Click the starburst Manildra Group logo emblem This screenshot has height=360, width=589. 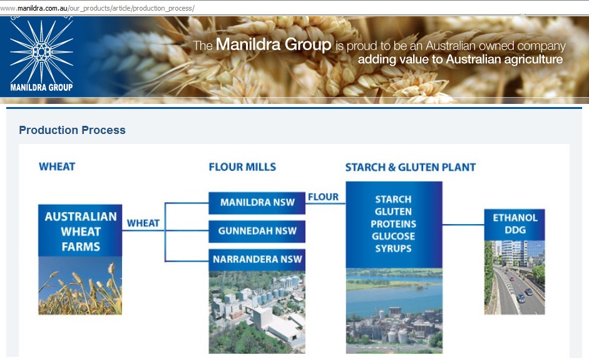click(x=41, y=51)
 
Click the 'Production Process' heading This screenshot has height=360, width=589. click(x=72, y=130)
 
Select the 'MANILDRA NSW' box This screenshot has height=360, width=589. click(x=257, y=203)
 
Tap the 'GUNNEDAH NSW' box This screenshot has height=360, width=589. click(x=257, y=231)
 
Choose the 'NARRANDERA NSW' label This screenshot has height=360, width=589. click(x=257, y=259)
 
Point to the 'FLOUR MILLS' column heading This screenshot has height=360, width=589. click(x=242, y=167)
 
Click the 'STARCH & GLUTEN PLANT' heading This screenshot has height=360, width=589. click(x=411, y=167)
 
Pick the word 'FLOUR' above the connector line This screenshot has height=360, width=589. click(x=324, y=197)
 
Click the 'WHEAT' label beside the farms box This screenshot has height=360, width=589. click(x=143, y=224)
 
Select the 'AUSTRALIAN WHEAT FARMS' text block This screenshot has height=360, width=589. click(x=81, y=232)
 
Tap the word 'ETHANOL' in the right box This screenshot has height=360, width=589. click(x=515, y=218)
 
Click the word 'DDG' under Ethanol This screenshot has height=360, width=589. click(x=515, y=230)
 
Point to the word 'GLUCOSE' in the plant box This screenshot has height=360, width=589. click(x=393, y=237)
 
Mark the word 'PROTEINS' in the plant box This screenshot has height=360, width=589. click(x=393, y=224)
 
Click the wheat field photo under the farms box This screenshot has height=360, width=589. click(x=80, y=285)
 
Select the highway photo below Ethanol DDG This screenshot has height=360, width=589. click(x=515, y=277)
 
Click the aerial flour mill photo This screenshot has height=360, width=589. click(x=257, y=312)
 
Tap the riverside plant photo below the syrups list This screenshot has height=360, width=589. click(x=394, y=311)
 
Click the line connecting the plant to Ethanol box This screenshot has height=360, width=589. click(x=464, y=225)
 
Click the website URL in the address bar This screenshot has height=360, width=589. click(x=97, y=8)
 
